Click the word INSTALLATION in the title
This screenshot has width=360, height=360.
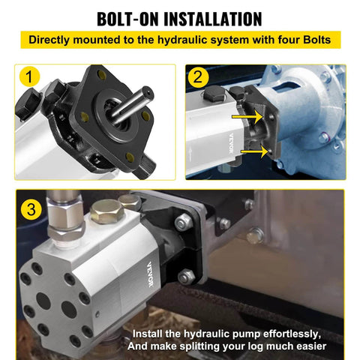[x=217, y=17]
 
